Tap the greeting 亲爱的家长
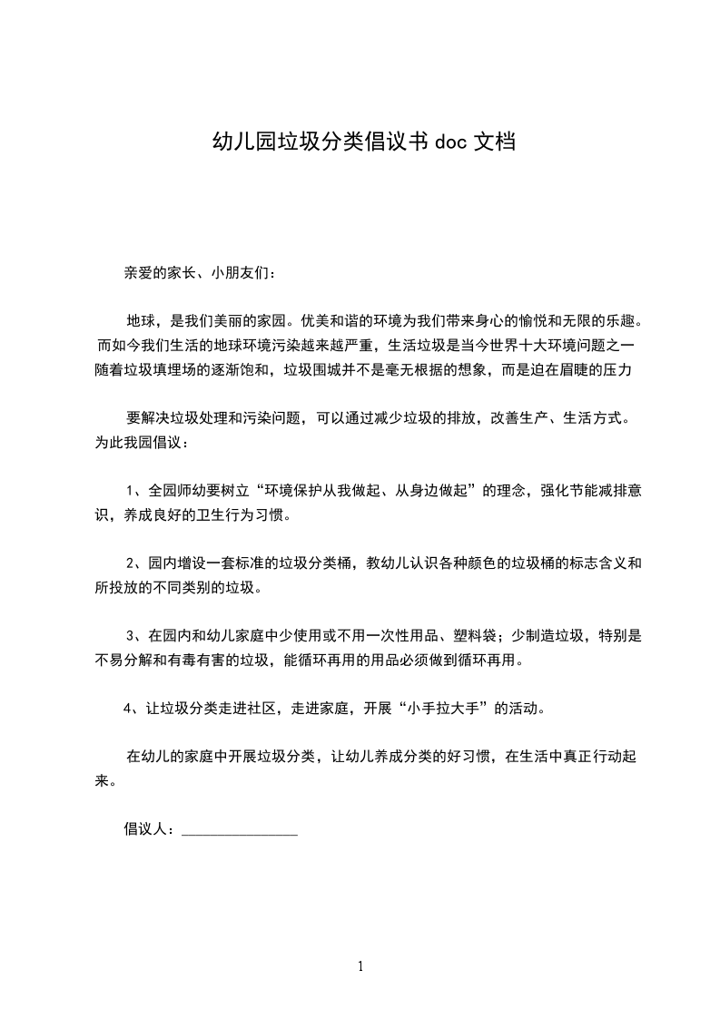161,271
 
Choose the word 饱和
257,370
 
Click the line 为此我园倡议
140,444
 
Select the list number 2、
135,563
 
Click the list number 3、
135,636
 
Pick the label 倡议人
145,828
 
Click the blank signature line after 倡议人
240,831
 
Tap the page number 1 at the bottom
360,966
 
